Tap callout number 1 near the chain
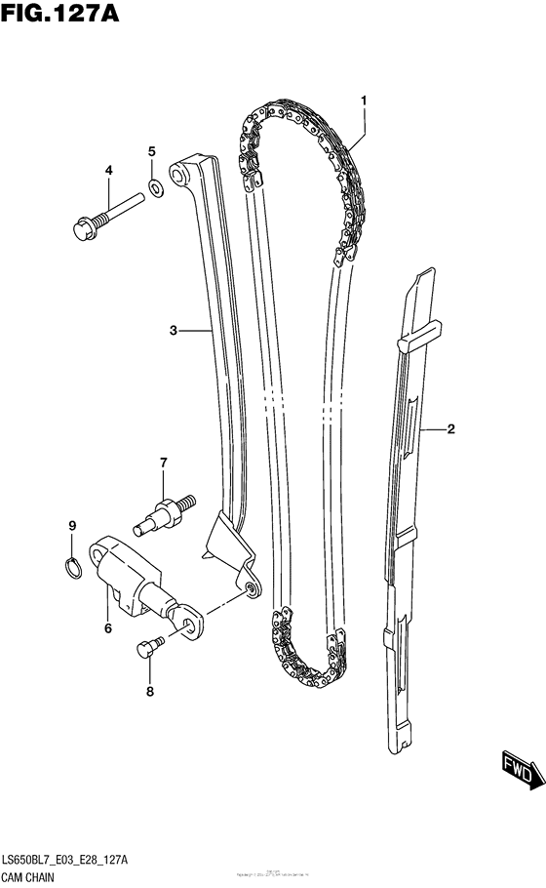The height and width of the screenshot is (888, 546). [x=363, y=101]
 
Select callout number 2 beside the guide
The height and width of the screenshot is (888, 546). [x=451, y=428]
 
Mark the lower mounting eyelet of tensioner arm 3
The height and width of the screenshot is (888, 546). [x=252, y=587]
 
